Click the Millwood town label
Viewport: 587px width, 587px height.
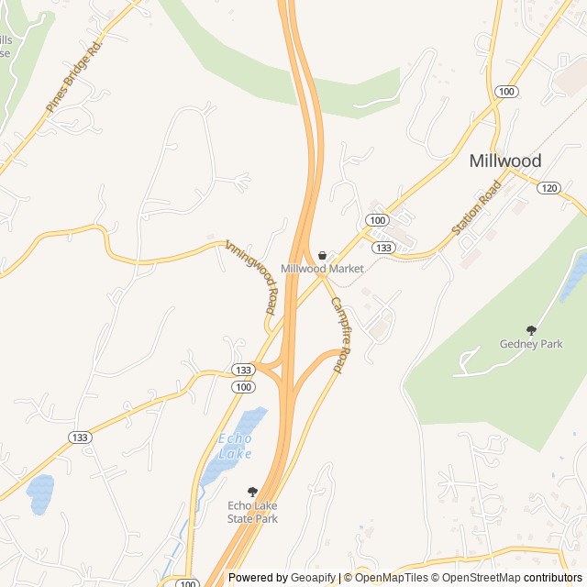[x=504, y=161]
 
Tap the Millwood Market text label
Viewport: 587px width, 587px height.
[x=322, y=269]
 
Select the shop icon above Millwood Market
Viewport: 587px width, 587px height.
[x=322, y=254]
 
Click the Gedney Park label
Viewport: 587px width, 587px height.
[x=530, y=344]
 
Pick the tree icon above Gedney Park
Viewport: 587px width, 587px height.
[x=530, y=329]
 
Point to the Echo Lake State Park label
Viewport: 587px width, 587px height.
[x=252, y=512]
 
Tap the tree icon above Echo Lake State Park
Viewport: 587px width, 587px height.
[x=253, y=492]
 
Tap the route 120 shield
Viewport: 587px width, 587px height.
[x=548, y=188]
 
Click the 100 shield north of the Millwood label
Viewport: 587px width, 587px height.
[x=505, y=91]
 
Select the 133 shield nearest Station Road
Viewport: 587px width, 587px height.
[x=383, y=248]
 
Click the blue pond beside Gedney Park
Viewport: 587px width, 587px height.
[x=574, y=275]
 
